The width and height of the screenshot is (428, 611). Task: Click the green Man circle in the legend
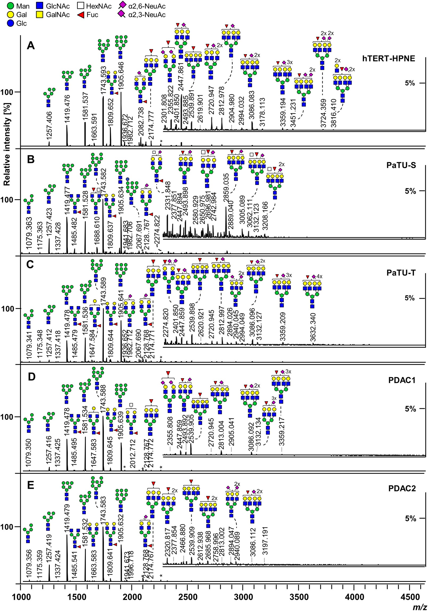11,6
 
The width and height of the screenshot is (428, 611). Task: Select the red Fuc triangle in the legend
81,15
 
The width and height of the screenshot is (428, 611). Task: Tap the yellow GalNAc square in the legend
39,15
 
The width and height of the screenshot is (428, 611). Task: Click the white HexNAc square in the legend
81,6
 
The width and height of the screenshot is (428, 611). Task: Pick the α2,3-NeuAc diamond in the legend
122,14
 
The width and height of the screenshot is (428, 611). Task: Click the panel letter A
31,46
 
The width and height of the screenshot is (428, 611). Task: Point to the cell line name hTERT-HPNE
388,58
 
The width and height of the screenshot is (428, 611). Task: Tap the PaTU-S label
401,165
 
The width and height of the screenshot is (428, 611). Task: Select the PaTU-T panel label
401,273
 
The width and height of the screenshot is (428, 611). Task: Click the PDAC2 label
402,489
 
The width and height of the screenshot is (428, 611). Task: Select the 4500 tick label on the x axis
410,597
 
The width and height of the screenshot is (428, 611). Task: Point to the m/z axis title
419,607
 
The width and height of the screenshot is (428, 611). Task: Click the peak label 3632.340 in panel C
313,328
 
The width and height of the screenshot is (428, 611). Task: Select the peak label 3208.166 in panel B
265,216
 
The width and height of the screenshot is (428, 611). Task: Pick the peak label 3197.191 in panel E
265,541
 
